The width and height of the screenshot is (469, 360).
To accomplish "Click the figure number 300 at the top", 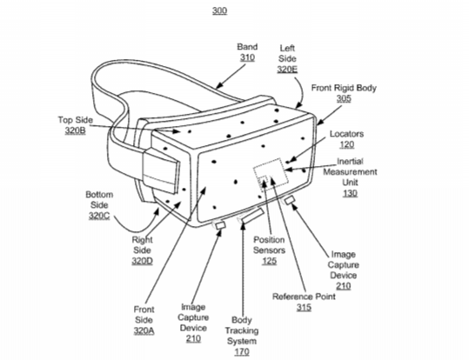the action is [219, 10].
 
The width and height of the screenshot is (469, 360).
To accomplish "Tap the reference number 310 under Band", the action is [247, 57].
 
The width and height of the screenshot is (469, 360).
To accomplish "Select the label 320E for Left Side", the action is [287, 70].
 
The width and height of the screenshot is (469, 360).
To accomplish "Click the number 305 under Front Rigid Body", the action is [344, 98].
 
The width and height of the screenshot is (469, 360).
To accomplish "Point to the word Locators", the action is [346, 134].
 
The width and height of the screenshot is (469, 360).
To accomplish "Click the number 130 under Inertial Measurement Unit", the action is [350, 193].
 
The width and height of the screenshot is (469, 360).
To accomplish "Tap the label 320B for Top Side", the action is [76, 130].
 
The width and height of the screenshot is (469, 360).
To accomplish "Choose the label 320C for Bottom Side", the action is [99, 216].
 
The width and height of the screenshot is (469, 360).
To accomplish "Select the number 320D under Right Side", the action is [142, 261].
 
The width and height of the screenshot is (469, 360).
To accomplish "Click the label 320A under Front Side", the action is [144, 330].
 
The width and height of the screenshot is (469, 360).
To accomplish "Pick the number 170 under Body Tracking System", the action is [242, 352].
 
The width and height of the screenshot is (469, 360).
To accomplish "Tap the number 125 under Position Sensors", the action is [269, 261].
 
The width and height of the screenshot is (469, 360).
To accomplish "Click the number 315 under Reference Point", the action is [304, 307].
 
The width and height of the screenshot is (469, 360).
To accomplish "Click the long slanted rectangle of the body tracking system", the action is [252, 216].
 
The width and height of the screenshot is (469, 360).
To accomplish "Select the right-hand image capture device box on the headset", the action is [289, 200].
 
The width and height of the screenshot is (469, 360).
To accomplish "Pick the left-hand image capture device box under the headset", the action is [220, 225].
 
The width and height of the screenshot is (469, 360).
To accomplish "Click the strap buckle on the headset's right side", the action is [161, 171].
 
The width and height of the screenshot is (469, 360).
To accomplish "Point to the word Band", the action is [247, 47].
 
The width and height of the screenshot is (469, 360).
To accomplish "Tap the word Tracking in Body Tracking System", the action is [242, 330].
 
